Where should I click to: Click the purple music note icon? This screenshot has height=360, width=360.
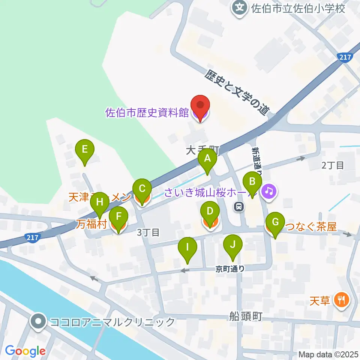coord(268,191)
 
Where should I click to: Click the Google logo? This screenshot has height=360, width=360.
coord(25,351)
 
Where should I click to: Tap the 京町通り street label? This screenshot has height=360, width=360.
coord(230,268)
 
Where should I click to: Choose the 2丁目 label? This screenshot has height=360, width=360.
coord(333,165)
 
